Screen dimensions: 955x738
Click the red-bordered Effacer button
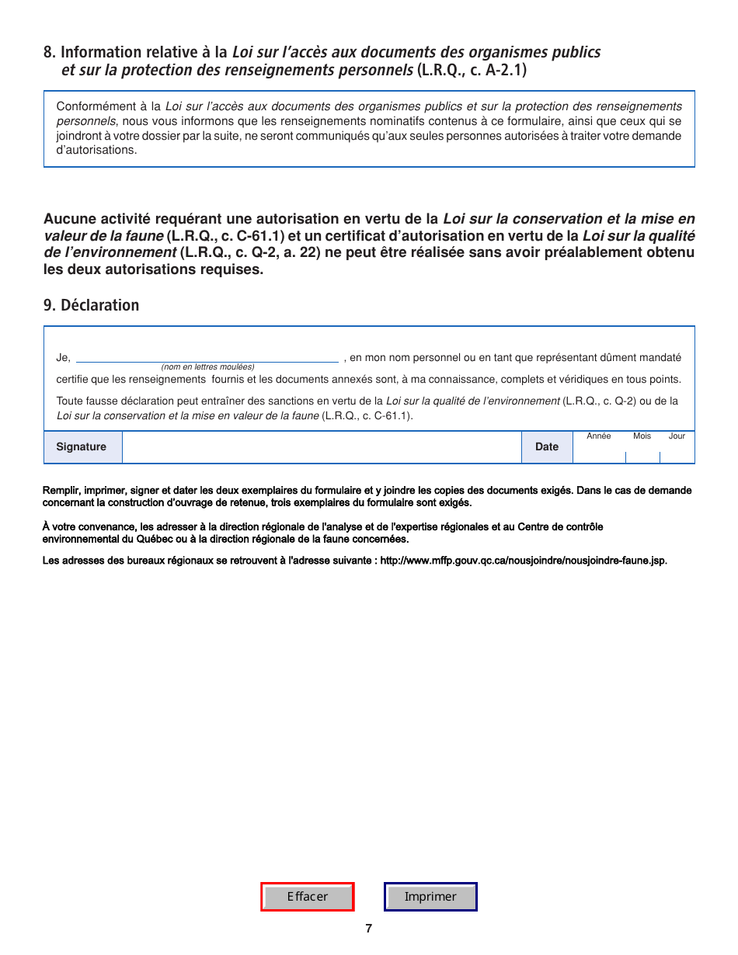[x=308, y=897]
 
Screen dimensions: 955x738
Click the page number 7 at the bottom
[x=369, y=929]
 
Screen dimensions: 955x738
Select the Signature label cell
[x=82, y=447]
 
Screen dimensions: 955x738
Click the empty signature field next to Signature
[x=322, y=448]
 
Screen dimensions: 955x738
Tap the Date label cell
[x=547, y=447]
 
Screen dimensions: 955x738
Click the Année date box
[x=599, y=453]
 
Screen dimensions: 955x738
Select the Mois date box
[x=642, y=453]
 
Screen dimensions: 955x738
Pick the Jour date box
[x=677, y=453]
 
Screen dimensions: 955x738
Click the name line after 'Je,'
[x=207, y=357]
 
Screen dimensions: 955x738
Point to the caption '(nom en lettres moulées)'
[x=207, y=366]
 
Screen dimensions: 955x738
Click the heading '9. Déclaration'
[x=92, y=305]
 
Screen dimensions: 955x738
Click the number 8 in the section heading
[x=48, y=52]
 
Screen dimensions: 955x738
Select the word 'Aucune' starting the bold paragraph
[x=65, y=220]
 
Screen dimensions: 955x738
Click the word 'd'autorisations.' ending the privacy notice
[x=96, y=150]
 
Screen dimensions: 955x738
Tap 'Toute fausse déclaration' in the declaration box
[x=116, y=401]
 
